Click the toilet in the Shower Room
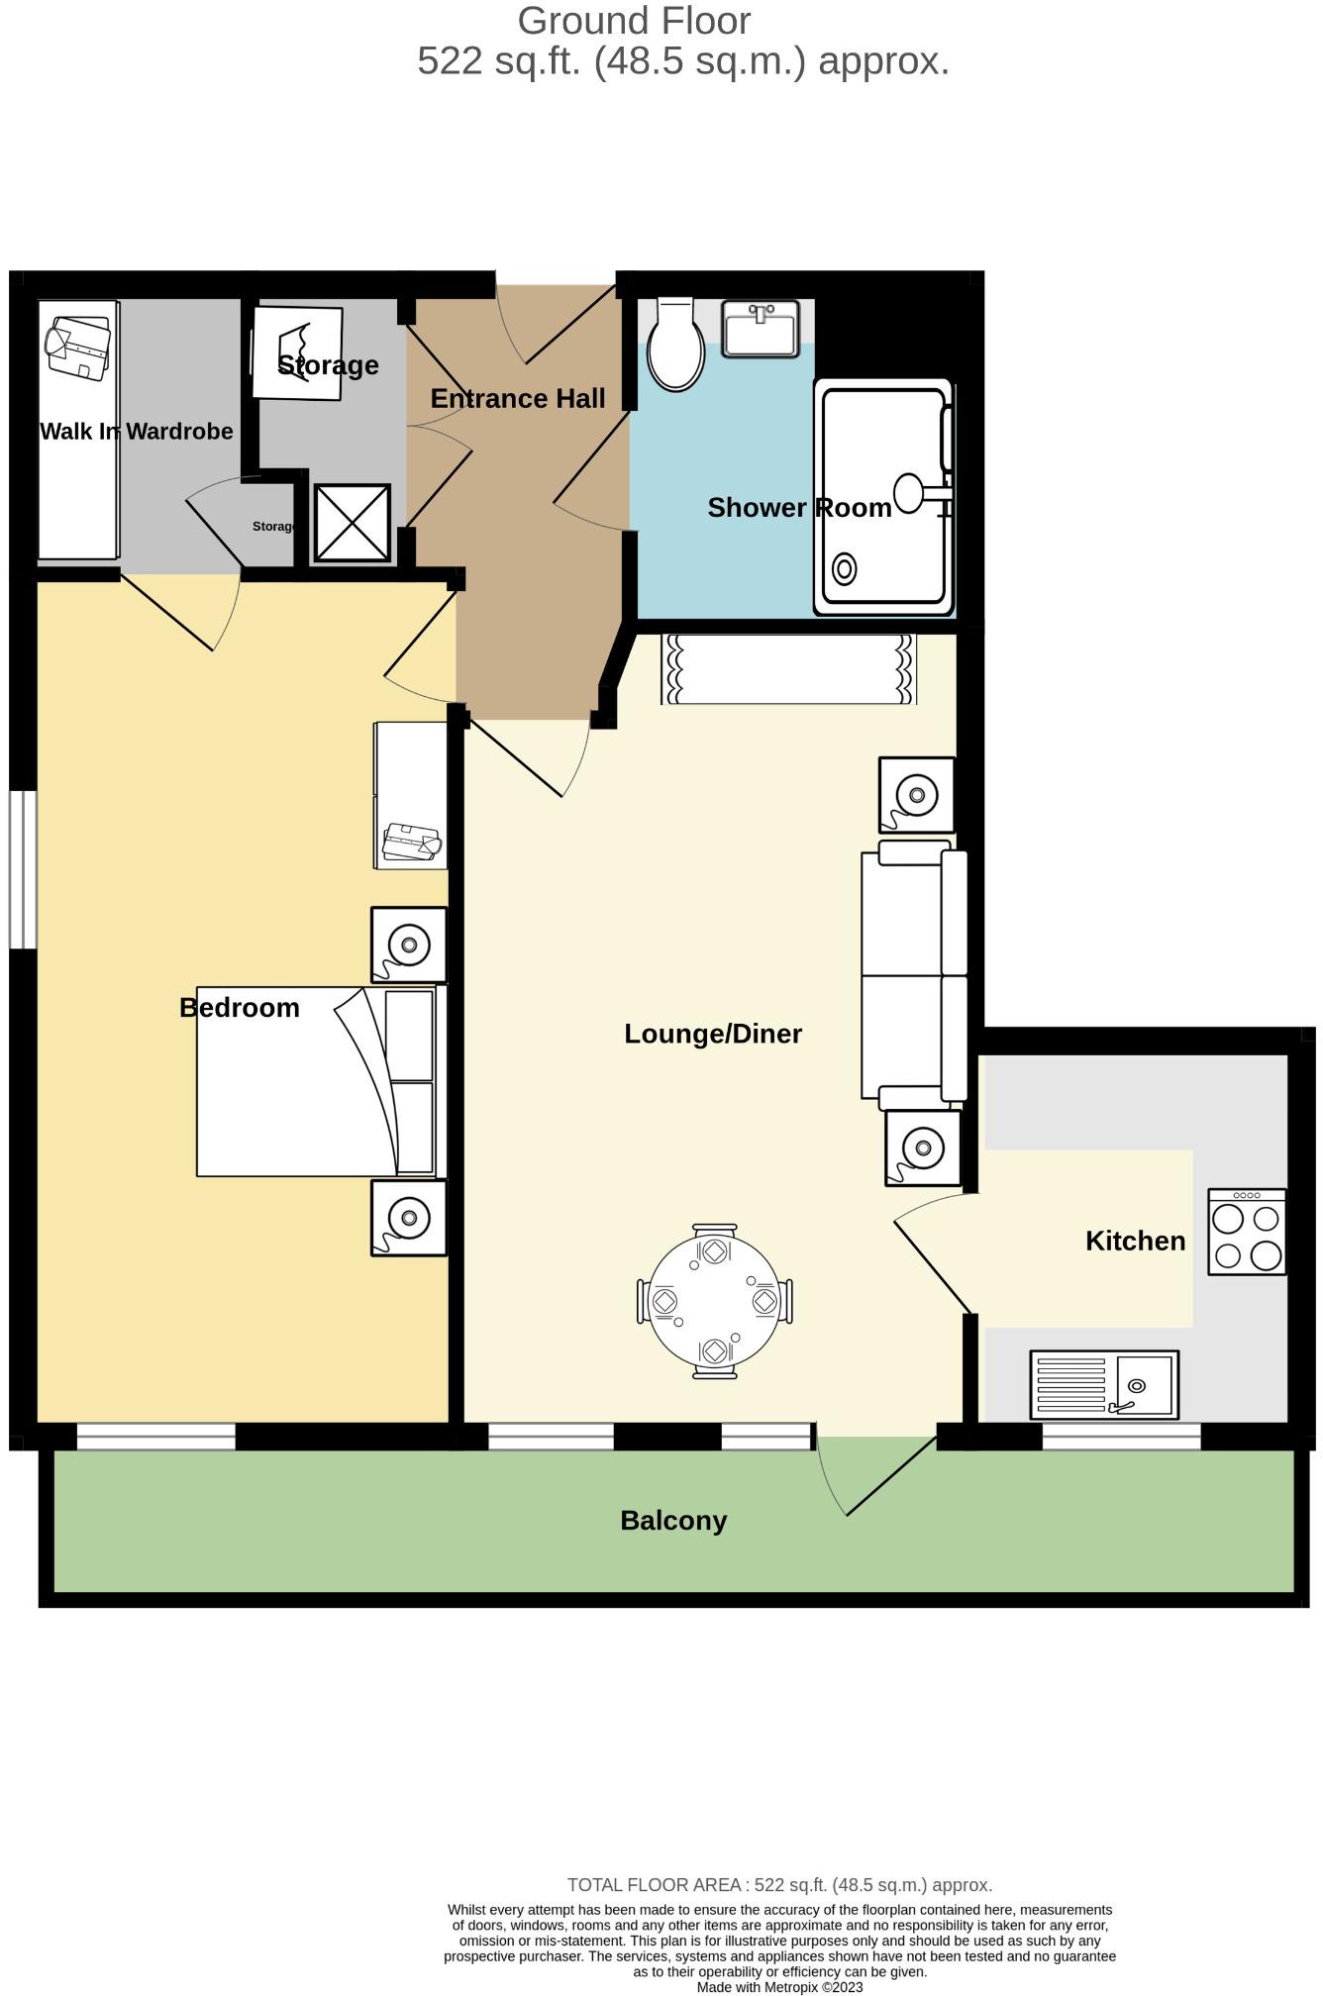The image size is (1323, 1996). click(674, 347)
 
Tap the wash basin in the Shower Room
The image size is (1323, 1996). click(760, 329)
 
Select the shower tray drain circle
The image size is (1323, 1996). click(844, 569)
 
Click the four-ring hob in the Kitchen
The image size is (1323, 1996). click(1247, 1232)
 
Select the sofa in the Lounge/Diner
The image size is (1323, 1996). click(913, 974)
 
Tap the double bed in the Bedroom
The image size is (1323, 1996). click(315, 1081)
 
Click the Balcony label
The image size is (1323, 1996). click(673, 1520)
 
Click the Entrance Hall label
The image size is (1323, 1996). click(518, 399)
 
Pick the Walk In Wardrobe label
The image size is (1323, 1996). click(137, 432)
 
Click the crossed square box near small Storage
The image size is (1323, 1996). click(352, 522)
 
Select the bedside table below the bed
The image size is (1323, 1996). click(408, 1218)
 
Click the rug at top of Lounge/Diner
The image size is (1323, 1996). click(788, 669)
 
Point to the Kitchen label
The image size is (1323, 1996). click(1135, 1241)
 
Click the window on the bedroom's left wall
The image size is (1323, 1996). click(23, 869)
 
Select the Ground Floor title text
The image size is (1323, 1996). click(634, 21)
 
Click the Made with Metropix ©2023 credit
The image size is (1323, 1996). click(779, 1987)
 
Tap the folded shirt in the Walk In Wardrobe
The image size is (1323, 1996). click(79, 347)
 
